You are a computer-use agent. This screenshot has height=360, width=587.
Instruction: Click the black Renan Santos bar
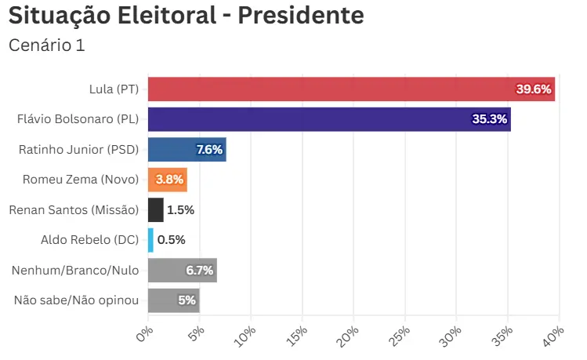pos(155,209)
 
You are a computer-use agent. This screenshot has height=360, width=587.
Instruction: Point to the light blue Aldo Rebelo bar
pos(150,239)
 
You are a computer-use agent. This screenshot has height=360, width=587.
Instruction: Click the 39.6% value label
pos(534,89)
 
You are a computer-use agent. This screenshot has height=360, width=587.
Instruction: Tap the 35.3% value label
pos(490,119)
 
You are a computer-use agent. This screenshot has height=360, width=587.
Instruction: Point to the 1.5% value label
pos(180,209)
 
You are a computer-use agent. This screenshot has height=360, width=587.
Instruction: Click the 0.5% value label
pos(171,239)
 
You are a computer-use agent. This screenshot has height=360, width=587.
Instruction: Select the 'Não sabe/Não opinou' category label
pos(77,300)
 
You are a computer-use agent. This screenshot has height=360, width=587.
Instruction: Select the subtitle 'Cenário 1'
pos(46,45)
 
